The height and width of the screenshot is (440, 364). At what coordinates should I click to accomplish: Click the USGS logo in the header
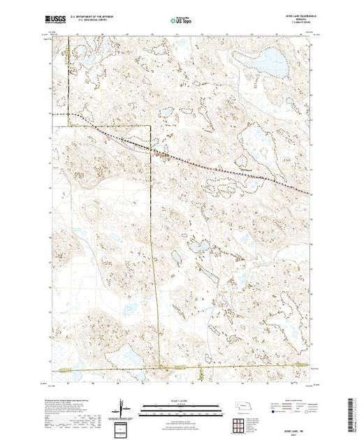coord(57,21)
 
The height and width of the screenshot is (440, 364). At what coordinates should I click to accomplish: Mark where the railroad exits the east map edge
coord(312,193)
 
